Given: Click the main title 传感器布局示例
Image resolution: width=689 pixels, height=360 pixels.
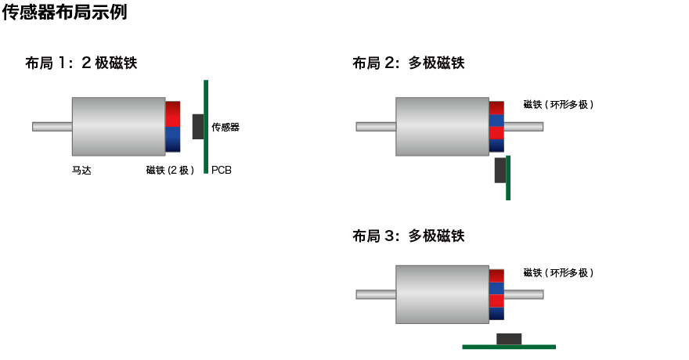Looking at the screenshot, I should pyautogui.click(x=64, y=13).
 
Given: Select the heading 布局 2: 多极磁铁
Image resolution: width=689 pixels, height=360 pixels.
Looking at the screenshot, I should pyautogui.click(x=408, y=63).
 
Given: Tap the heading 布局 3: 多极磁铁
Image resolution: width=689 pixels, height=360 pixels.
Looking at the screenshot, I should pyautogui.click(x=408, y=236).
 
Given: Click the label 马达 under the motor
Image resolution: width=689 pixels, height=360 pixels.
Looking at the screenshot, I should pyautogui.click(x=81, y=170).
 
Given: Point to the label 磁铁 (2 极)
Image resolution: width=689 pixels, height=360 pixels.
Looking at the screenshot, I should pyautogui.click(x=170, y=170).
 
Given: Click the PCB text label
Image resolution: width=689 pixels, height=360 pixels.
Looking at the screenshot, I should pyautogui.click(x=222, y=170).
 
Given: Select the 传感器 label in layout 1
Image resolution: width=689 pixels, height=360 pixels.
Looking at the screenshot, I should pyautogui.click(x=225, y=127).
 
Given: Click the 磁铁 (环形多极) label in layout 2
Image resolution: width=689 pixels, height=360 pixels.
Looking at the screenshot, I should pyautogui.click(x=558, y=104).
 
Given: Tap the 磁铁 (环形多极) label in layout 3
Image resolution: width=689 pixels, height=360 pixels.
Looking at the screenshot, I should pyautogui.click(x=558, y=272).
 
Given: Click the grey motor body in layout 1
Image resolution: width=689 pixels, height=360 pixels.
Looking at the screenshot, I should pyautogui.click(x=118, y=126).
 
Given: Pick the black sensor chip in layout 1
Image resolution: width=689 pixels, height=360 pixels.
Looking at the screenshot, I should pyautogui.click(x=198, y=126).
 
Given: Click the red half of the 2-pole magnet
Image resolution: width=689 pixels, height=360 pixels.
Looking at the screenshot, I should pyautogui.click(x=173, y=113).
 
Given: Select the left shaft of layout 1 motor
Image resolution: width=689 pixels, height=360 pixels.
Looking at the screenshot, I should pyautogui.click(x=52, y=126).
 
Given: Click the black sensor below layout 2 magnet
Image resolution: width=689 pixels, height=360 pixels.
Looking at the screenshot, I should pyautogui.click(x=500, y=170).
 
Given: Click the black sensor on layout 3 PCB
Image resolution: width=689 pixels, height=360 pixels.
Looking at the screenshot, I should pyautogui.click(x=509, y=338).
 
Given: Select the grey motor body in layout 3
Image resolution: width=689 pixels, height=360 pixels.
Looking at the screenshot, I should pyautogui.click(x=442, y=294).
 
